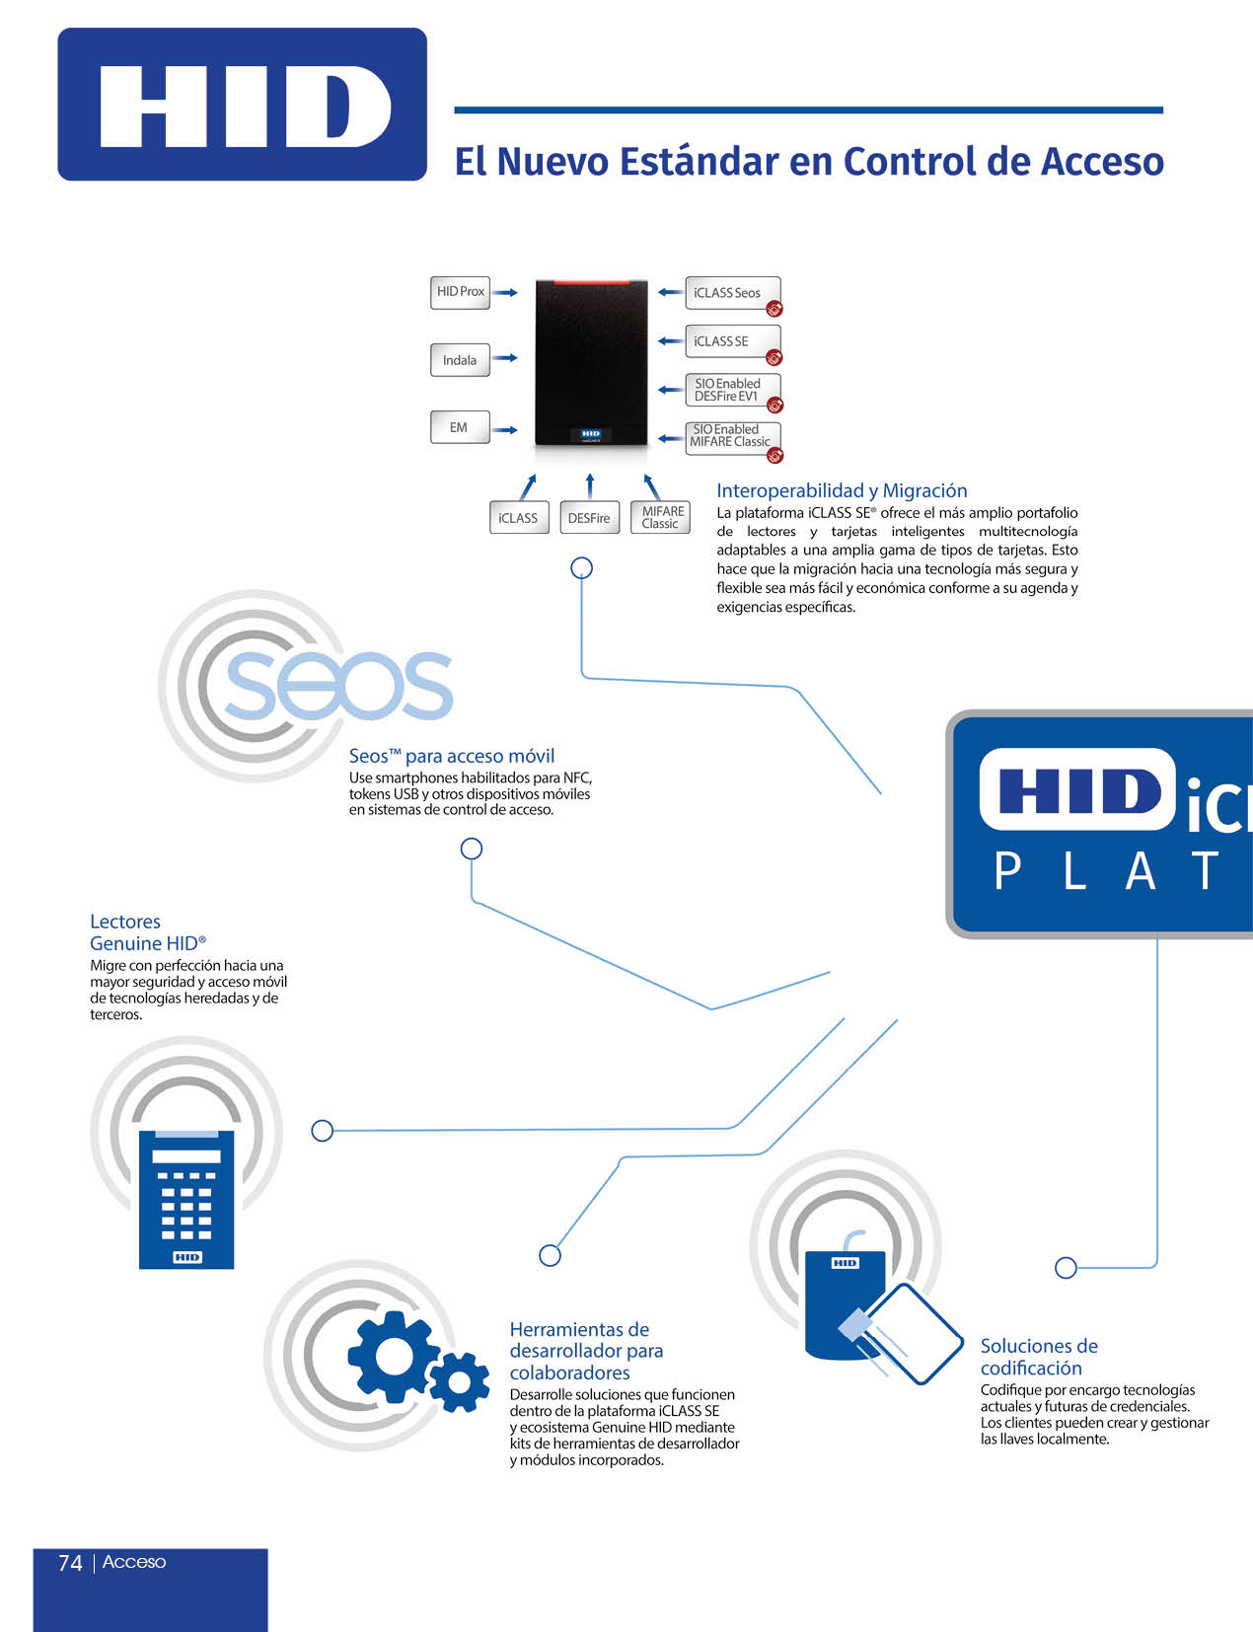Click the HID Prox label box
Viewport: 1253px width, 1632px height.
click(x=460, y=292)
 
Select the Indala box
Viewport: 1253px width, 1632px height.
click(x=460, y=360)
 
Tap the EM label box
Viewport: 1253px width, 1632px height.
click(x=460, y=427)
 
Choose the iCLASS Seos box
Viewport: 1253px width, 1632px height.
click(x=731, y=293)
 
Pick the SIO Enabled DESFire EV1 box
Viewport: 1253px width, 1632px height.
click(x=731, y=390)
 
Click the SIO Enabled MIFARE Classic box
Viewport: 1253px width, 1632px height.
click(x=731, y=436)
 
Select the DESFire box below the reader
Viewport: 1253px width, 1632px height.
click(x=589, y=518)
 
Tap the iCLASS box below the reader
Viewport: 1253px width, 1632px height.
click(x=519, y=518)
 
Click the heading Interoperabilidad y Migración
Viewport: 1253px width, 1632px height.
click(x=842, y=490)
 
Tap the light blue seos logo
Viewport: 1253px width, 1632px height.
click(x=338, y=685)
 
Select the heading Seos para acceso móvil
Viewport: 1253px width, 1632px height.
click(x=452, y=756)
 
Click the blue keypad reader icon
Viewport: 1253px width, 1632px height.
click(x=186, y=1198)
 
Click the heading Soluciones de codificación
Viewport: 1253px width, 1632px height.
click(x=1038, y=1357)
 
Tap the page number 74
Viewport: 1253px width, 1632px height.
click(x=70, y=1562)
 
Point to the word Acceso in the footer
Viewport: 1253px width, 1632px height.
click(x=134, y=1562)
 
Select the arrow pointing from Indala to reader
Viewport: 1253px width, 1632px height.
click(x=504, y=358)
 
